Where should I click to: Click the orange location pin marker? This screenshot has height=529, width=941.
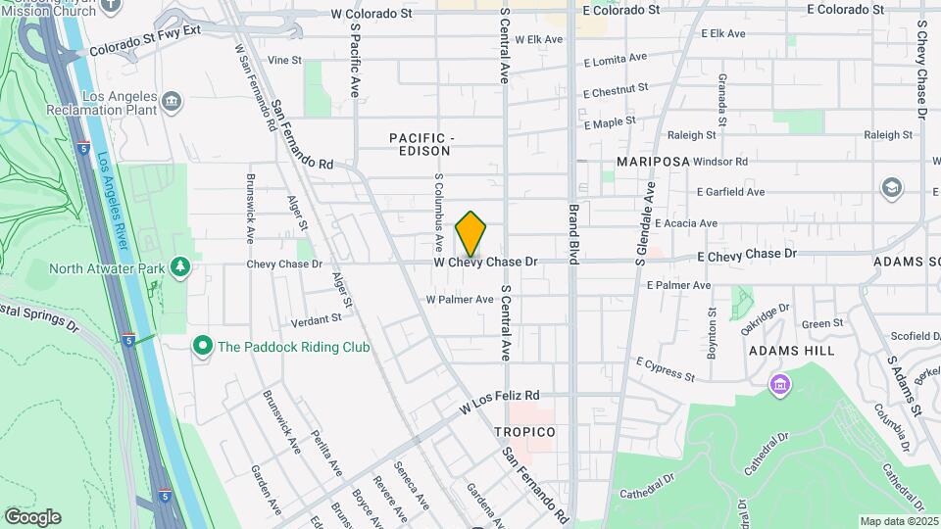pos(471,233)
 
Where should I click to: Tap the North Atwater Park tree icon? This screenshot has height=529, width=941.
pos(179,266)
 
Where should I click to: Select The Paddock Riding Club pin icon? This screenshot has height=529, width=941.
pos(203,346)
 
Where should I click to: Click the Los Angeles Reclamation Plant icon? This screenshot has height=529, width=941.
pos(172,100)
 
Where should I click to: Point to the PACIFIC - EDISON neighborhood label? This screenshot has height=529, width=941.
pos(419,144)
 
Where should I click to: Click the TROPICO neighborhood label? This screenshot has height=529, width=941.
pos(524,432)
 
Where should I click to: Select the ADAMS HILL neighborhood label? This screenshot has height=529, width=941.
pos(791,350)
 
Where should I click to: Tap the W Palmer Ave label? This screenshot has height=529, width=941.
pos(459,299)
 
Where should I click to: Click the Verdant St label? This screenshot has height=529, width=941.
pos(317,318)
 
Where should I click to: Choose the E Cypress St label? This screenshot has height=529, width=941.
pos(665,369)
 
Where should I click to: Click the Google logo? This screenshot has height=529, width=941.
pos(32,516)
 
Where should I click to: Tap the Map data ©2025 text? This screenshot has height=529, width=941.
pos(898,521)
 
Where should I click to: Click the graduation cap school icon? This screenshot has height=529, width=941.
pos(892,187)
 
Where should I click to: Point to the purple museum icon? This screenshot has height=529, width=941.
pos(780,382)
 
